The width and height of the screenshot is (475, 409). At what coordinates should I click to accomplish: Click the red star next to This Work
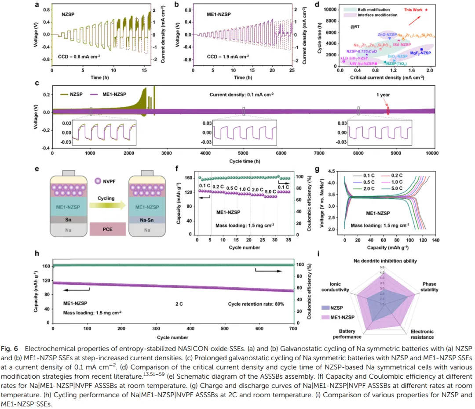pyautogui.click(x=427, y=9)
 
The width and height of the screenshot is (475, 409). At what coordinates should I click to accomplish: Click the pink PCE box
pyautogui.click(x=107, y=229)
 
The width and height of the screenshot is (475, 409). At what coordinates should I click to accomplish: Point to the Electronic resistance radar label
pyautogui.click(x=422, y=334)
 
